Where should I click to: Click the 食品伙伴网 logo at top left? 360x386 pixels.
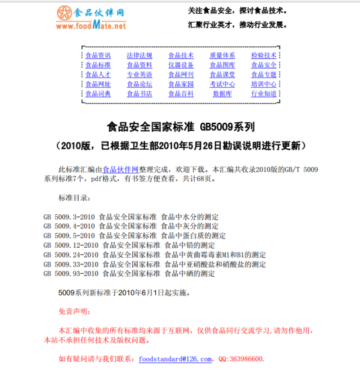(91, 18)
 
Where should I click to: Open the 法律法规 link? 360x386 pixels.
(139, 55)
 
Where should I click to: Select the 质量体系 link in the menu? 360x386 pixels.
(222, 55)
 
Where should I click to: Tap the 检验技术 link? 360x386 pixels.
(264, 55)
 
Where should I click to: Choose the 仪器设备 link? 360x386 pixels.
(181, 65)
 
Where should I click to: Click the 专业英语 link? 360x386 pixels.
(139, 75)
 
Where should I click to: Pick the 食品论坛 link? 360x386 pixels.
(139, 85)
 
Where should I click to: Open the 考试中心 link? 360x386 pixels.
(222, 85)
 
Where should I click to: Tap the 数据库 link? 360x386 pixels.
(222, 94)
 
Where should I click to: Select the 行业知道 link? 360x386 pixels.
(264, 94)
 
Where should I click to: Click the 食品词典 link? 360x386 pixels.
(98, 94)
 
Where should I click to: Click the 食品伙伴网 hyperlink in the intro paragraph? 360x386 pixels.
(120, 170)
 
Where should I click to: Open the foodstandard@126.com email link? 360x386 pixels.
(175, 359)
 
